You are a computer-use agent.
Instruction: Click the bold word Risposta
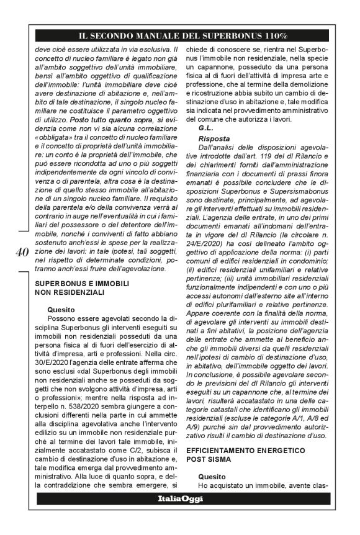214,138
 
